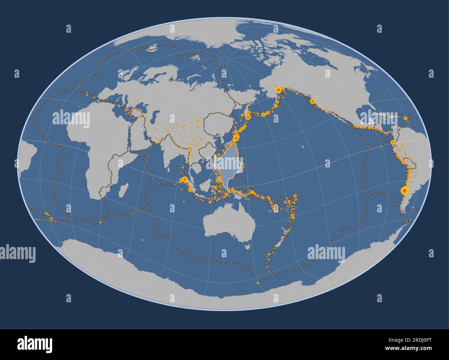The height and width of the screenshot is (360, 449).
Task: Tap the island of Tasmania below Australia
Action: pyautogui.click(x=247, y=246)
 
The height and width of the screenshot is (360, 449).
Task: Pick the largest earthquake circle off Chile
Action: pyautogui.click(x=403, y=190)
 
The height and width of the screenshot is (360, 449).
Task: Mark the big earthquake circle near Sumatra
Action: pyautogui.click(x=184, y=179)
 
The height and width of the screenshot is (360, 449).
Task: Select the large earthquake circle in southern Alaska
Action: pyautogui.click(x=278, y=90)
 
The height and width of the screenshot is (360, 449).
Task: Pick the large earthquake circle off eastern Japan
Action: pyautogui.click(x=236, y=138)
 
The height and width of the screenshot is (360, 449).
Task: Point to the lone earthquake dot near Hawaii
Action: pyautogui.click(x=303, y=146)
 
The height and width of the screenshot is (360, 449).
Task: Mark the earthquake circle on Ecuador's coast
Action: pyautogui.click(x=393, y=142)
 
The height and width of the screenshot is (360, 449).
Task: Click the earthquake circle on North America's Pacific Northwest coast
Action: pyautogui.click(x=313, y=101)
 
